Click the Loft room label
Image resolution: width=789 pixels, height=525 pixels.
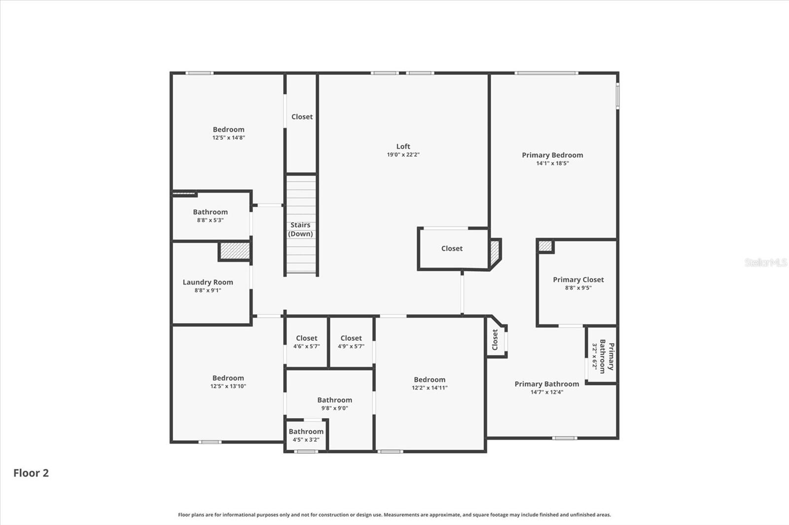point(403,146)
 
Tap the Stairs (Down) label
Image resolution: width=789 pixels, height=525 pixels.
point(300,230)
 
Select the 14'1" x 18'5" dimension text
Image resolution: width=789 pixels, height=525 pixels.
point(552,163)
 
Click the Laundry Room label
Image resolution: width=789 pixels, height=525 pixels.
point(208,282)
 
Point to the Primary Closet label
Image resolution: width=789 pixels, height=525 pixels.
point(578,280)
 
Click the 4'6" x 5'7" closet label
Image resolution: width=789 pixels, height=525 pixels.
point(306,338)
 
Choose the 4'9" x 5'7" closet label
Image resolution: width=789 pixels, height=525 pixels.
point(351,338)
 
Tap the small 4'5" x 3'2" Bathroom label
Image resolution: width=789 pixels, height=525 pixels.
point(306,432)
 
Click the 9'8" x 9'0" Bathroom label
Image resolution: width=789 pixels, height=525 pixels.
point(334,400)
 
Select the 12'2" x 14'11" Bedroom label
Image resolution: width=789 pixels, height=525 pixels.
point(429,380)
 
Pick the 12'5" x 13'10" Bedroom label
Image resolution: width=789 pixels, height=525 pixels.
point(228,378)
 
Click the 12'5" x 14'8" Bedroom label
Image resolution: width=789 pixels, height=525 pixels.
point(228,130)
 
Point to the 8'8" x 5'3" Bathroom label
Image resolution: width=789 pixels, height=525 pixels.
point(210,212)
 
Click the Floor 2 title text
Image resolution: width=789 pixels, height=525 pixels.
point(31,473)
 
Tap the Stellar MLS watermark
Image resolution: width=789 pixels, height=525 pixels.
point(766,262)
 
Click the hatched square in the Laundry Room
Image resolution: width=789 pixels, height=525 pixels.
point(235,251)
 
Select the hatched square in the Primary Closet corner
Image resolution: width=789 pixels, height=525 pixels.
point(544,245)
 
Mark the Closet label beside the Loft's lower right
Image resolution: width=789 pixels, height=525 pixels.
point(452,249)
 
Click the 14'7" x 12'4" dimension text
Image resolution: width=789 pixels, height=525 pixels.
point(546,392)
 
